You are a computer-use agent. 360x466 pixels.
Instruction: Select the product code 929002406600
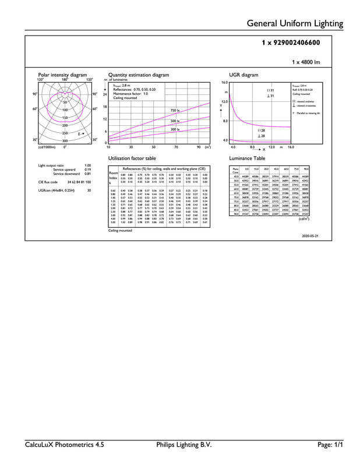pyautogui.click(x=291, y=43)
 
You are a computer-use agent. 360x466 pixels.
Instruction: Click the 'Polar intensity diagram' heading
pyautogui.click(x=62, y=75)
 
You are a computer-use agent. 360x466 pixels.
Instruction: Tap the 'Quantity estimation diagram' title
pyautogui.click(x=139, y=75)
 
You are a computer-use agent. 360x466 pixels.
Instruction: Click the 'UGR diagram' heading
pyautogui.click(x=244, y=75)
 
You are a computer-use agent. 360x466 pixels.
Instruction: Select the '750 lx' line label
pyautogui.click(x=175, y=110)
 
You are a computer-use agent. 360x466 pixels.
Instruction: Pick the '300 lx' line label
pyautogui.click(x=175, y=129)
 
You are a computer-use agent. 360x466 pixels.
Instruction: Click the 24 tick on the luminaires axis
pyautogui.click(x=105, y=94)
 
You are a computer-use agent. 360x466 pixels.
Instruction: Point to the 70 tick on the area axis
pyautogui.click(x=176, y=147)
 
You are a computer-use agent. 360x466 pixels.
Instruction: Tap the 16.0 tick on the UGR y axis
pyautogui.click(x=224, y=83)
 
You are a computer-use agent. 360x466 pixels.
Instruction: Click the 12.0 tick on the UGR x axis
pyautogui.click(x=271, y=147)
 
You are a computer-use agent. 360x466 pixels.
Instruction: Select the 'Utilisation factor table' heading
pyautogui.click(x=132, y=158)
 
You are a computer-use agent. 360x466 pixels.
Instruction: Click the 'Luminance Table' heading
pyautogui.click(x=247, y=158)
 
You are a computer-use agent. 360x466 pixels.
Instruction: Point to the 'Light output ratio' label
pyautogui.click(x=50, y=166)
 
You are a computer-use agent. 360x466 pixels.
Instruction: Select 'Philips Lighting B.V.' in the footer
pyautogui.click(x=181, y=444)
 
